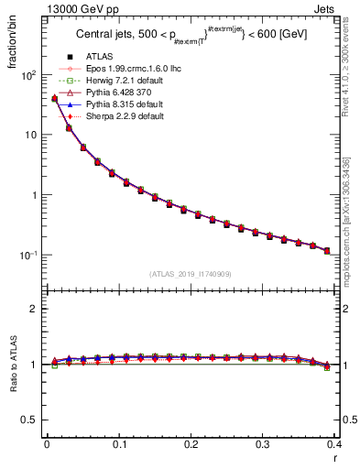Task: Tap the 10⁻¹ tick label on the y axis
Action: [x=28, y=255]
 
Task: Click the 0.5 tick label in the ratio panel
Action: [x=30, y=420]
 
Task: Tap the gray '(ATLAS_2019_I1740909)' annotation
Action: [x=190, y=274]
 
